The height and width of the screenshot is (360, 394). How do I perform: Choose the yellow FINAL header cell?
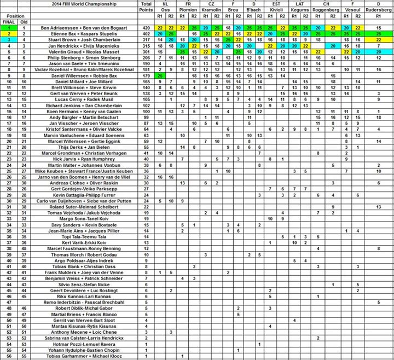click(7, 22)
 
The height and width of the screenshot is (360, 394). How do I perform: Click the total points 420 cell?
click(146, 28)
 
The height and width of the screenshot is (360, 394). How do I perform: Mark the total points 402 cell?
click(146, 34)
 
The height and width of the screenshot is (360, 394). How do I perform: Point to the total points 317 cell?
click(146, 40)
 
